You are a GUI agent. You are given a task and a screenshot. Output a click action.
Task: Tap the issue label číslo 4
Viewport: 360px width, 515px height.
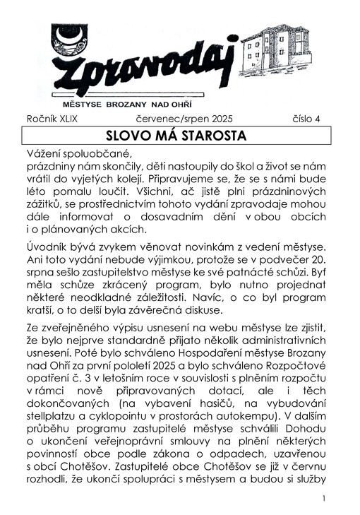pos(306,119)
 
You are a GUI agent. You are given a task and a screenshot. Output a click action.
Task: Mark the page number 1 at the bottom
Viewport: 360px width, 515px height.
pos(323,499)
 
